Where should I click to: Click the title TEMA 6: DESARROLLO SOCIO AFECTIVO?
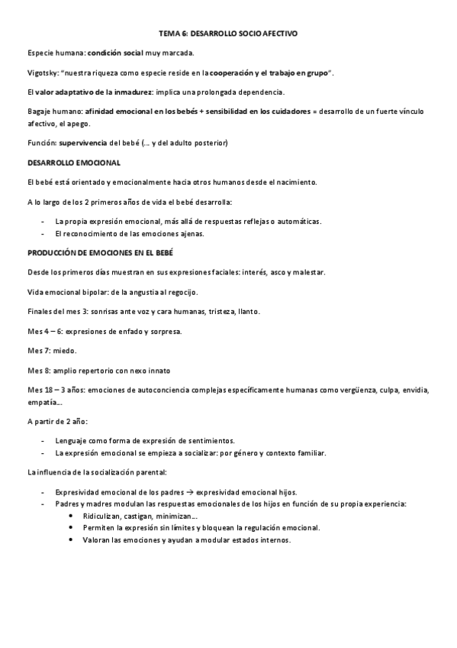point(228,34)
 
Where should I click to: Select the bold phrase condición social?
point(115,53)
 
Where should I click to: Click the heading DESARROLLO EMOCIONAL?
point(73,163)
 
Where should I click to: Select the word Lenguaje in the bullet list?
point(72,441)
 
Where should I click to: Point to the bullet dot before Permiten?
point(72,529)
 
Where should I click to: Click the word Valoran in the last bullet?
point(98,539)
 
